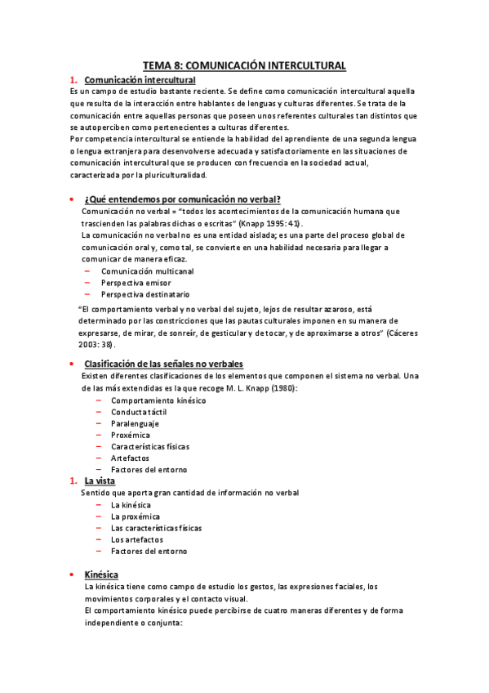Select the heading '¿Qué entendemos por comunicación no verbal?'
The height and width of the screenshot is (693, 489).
pyautogui.click(x=183, y=199)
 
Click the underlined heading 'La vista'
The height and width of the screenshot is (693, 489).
pyautogui.click(x=100, y=481)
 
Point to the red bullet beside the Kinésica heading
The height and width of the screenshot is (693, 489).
pyautogui.click(x=73, y=575)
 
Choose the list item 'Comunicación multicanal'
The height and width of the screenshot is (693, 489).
pyautogui.click(x=147, y=270)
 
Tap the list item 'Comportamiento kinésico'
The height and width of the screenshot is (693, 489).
pyautogui.click(x=158, y=400)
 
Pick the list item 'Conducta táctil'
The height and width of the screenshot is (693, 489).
pyautogui.click(x=140, y=412)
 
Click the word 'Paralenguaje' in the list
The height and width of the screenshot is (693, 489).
pyautogui.click(x=135, y=423)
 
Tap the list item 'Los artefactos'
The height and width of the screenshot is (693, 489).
pyautogui.click(x=136, y=539)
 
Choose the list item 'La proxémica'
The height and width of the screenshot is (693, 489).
pyautogui.click(x=135, y=516)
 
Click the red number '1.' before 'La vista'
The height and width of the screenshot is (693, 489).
pyautogui.click(x=73, y=481)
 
